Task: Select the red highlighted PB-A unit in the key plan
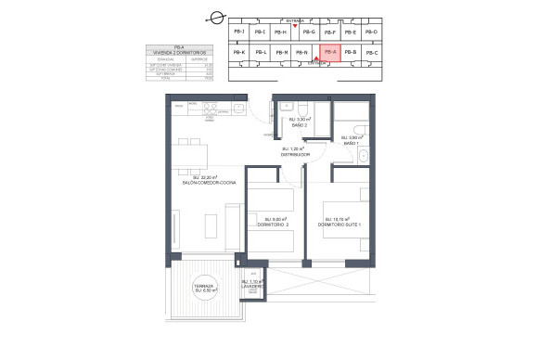click(329, 53)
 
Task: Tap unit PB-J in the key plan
click(238, 32)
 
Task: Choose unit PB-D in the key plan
click(372, 32)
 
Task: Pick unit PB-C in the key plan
click(372, 53)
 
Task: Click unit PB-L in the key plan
click(262, 53)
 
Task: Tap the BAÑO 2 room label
click(299, 122)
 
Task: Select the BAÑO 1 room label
click(350, 140)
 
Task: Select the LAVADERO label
click(252, 286)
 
